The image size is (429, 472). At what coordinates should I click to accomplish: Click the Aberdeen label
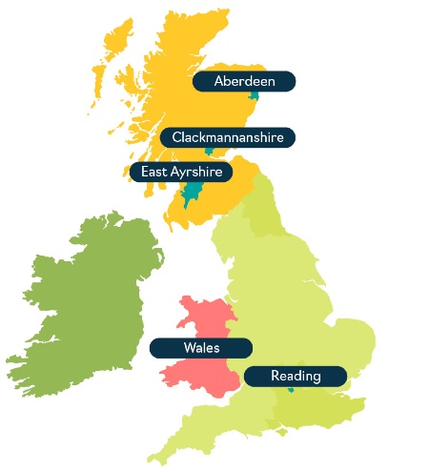[x=244, y=81]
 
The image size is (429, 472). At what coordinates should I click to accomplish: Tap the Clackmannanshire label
[x=227, y=137]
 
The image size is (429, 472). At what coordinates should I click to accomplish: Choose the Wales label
[x=200, y=347]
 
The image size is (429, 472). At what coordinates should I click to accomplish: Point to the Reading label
[x=295, y=376]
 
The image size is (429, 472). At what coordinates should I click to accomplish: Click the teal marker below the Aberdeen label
[x=254, y=95]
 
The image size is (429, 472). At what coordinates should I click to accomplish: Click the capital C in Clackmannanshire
[x=176, y=137]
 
